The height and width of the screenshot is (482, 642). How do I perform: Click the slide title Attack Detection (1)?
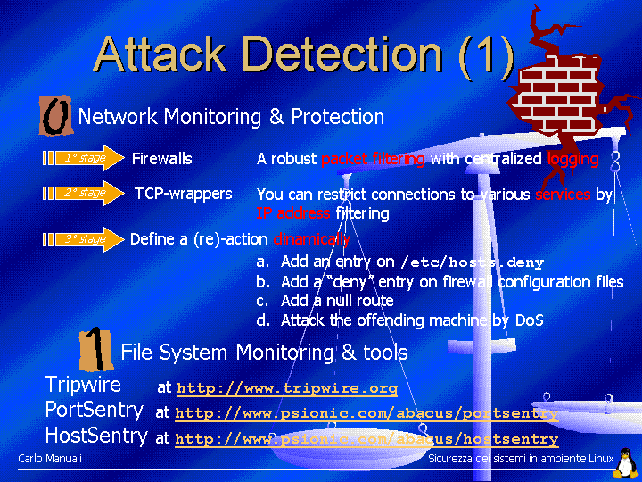coord(304,54)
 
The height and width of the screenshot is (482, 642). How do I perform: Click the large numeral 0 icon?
coord(55,117)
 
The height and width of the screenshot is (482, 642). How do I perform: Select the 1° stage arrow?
coord(84,159)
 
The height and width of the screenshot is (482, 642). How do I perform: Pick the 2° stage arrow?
coord(84,193)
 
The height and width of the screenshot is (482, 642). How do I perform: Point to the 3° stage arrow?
coord(84,239)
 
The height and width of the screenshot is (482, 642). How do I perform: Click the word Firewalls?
coord(161,159)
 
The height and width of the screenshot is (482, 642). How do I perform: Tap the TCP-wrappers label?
coord(183,194)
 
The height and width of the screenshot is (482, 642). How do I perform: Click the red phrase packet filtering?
coord(373,159)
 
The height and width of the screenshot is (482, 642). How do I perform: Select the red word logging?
coord(572,159)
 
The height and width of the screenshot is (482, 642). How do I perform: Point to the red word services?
coord(563,195)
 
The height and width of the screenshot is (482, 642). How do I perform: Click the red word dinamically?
coord(311,239)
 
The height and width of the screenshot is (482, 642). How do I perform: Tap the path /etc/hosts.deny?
coord(472,262)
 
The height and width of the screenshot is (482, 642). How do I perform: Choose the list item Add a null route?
coord(336,301)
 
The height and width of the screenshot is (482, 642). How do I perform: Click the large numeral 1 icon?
coord(95,349)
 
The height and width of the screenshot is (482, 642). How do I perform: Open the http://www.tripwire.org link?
coord(287,388)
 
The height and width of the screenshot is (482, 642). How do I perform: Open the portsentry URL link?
coord(366,413)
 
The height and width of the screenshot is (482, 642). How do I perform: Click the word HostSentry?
coord(96,436)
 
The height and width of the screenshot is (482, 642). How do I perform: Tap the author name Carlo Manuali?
coord(50,459)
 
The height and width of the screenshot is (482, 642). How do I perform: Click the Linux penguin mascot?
coord(627,462)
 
